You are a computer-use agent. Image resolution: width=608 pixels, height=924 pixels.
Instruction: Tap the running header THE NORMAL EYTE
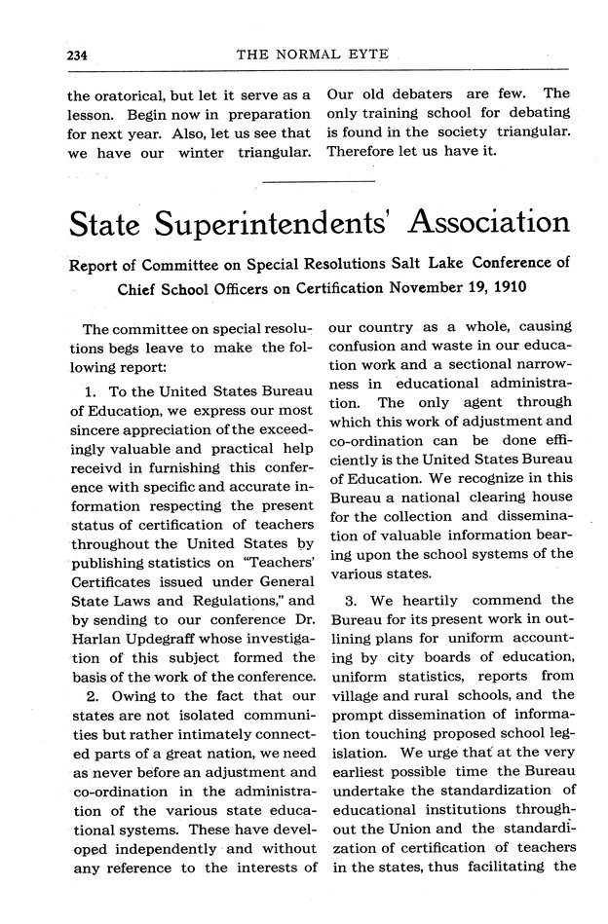click(313, 55)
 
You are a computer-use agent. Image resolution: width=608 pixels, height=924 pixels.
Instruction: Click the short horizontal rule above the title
click(319, 180)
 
